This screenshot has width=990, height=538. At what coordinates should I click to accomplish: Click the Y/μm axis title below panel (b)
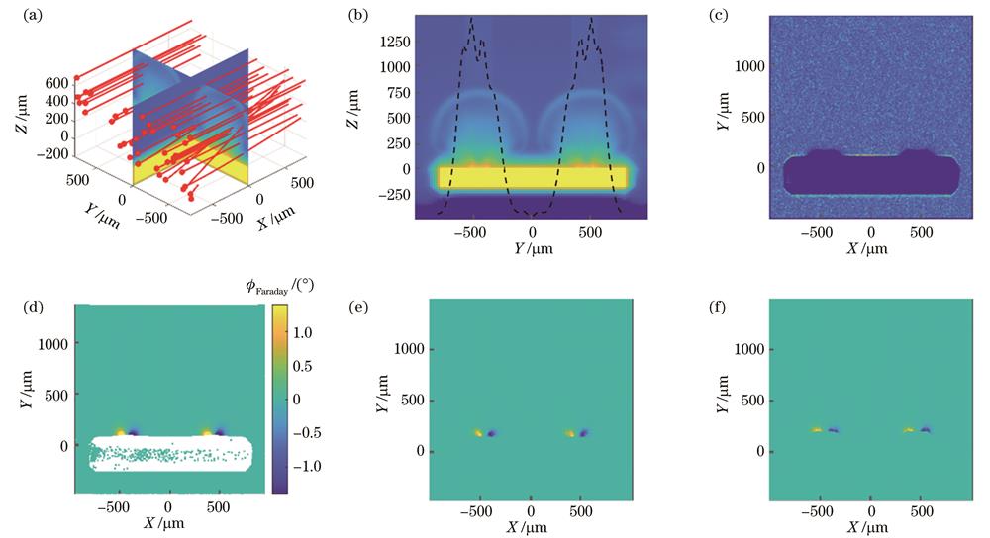tap(533, 247)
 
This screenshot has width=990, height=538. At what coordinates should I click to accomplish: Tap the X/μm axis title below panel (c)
tap(871, 247)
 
